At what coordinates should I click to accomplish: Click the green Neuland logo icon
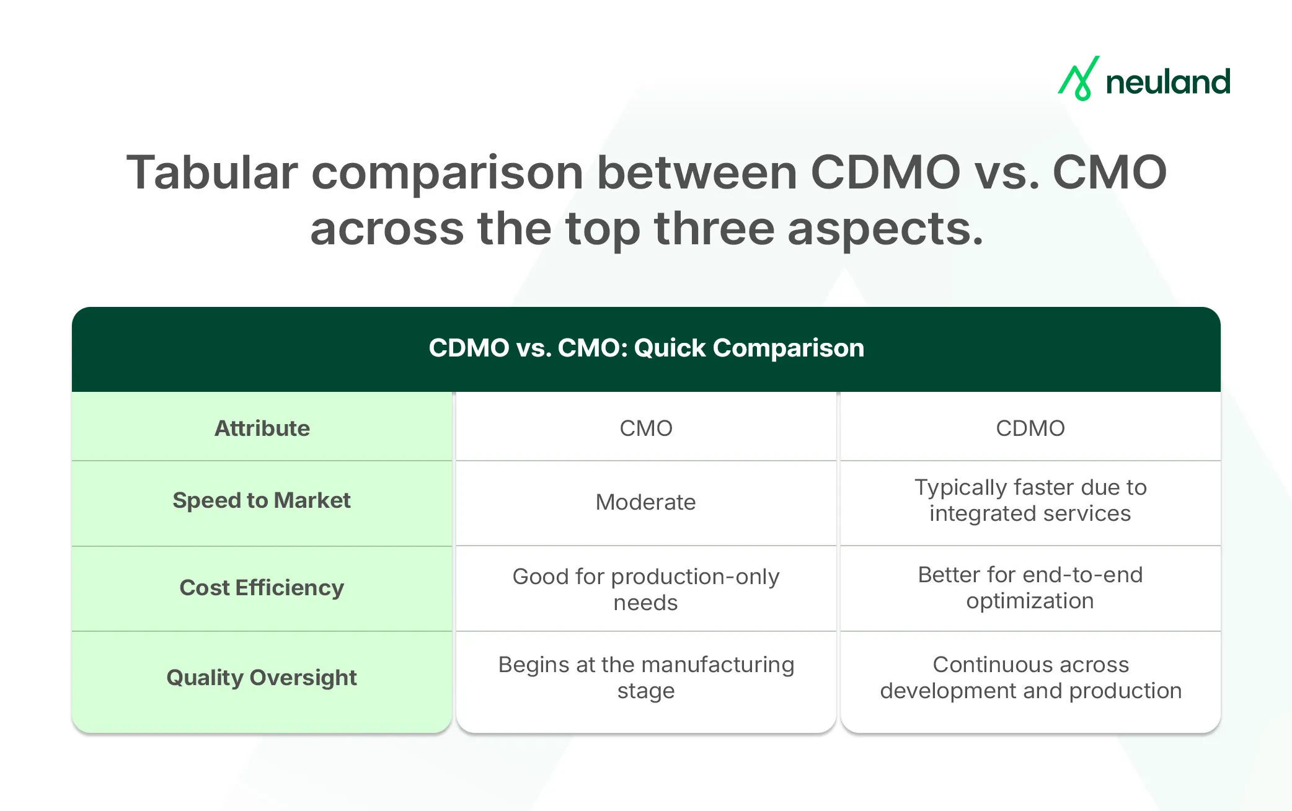pos(1079,79)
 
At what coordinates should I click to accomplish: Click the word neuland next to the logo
pos(1168,82)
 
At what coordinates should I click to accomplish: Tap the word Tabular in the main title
pos(212,172)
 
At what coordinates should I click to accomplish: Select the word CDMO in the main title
pos(885,172)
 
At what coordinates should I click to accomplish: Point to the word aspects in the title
pos(885,229)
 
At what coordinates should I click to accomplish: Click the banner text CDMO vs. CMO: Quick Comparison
pos(646,348)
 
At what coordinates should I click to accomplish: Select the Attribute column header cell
pos(262,428)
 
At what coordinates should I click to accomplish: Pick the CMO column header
pos(646,428)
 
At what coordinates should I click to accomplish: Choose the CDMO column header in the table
pos(1030,428)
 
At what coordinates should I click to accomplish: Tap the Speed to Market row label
pos(262,500)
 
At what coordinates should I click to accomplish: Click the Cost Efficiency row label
pos(262,588)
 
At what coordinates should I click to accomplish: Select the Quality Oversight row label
pos(262,678)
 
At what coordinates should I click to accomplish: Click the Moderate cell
pos(646,502)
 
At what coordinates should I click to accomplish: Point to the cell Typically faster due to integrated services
pos(1030,500)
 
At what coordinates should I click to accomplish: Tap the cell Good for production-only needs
pos(646,589)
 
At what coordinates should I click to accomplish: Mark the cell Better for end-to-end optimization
pos(1030,588)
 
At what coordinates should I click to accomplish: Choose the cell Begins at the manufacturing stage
pos(646,677)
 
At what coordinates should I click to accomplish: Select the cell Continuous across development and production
pos(1030,677)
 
